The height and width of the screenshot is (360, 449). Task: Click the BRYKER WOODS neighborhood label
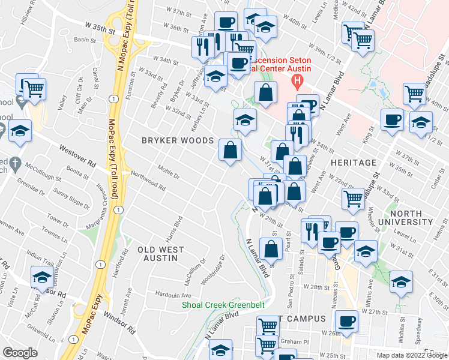point(177,140)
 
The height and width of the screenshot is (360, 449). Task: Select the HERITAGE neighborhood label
point(353,163)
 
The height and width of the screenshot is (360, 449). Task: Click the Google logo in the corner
point(20,353)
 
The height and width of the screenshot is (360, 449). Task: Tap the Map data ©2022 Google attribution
point(412,355)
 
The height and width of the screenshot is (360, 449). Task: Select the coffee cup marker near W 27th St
point(346,321)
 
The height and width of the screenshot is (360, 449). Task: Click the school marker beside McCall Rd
point(42,277)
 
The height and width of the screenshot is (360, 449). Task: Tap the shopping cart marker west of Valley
point(34,89)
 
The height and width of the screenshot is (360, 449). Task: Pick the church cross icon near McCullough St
point(16,164)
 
